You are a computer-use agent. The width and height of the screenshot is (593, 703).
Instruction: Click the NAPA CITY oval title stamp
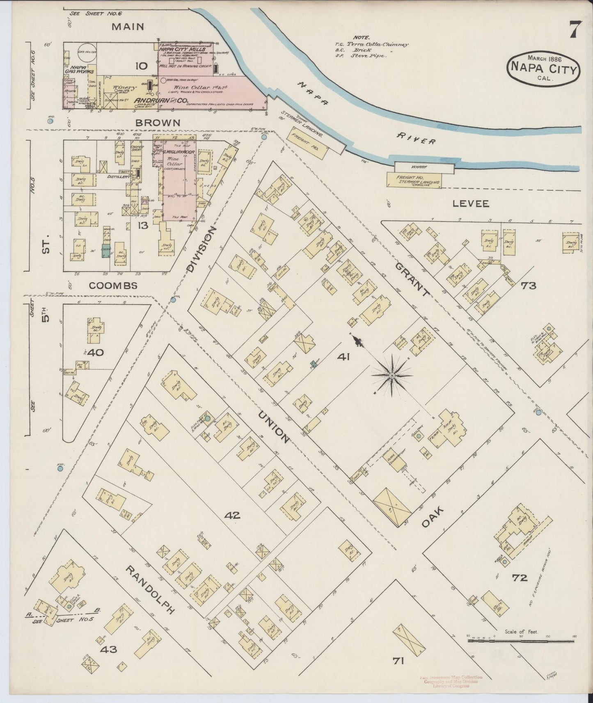point(544,68)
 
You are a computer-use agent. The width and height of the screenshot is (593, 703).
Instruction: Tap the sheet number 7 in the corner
point(575,30)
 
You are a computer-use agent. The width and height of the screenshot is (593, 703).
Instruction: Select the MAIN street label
point(128,27)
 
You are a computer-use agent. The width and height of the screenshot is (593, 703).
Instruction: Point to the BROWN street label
point(152,122)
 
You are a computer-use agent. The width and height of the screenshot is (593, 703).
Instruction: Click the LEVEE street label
point(471,203)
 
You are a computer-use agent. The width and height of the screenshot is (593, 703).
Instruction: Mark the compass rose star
point(392,375)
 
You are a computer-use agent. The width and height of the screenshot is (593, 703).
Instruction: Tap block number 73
point(528,285)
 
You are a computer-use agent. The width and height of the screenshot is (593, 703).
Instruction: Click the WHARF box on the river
point(424,167)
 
